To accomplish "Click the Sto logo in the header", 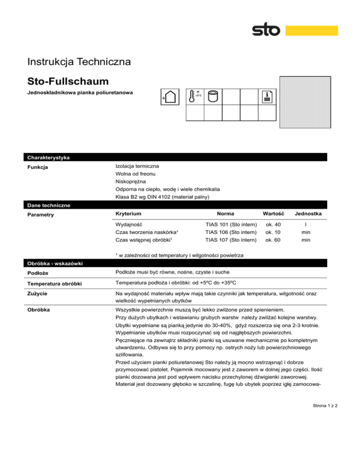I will (266, 31).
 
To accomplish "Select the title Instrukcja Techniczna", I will (79, 61).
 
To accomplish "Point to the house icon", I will (171, 98).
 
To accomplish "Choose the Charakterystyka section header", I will (49, 158).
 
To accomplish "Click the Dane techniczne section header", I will (49, 205).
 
